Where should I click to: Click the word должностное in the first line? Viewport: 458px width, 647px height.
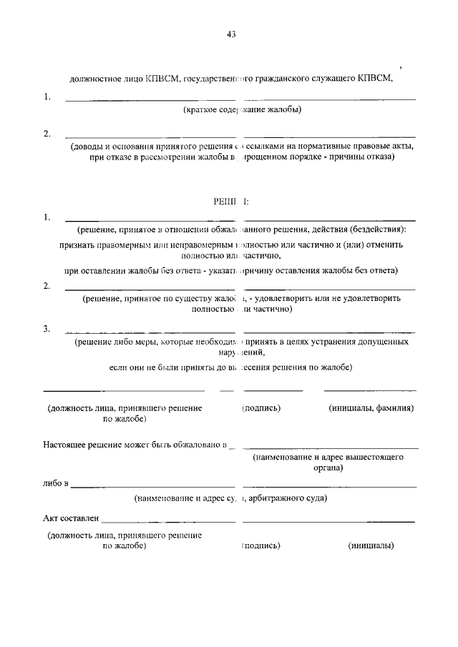pyautogui.click(x=94, y=79)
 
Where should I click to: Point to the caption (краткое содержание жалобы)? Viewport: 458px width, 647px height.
pyautogui.click(x=242, y=109)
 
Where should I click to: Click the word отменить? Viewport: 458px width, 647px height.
pyautogui.click(x=381, y=244)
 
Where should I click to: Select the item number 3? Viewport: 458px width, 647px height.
pyautogui.click(x=47, y=328)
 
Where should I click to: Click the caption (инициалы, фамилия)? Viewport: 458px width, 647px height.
pyautogui.click(x=371, y=408)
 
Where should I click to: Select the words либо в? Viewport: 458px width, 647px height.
pyautogui.click(x=55, y=484)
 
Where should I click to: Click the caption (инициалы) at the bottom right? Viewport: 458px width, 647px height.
pyautogui.click(x=371, y=545)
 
